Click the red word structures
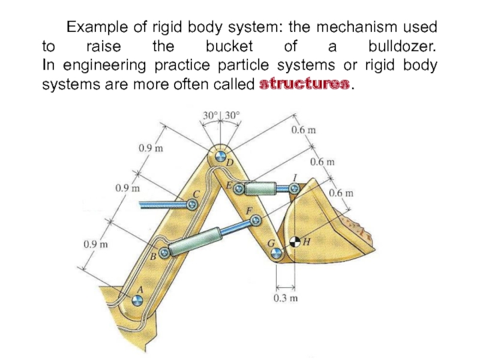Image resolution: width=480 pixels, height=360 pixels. click(x=303, y=85)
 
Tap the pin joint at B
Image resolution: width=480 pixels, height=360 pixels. click(x=162, y=253)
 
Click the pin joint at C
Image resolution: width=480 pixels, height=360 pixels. click(x=192, y=205)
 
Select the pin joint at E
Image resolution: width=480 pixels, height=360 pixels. click(x=238, y=189)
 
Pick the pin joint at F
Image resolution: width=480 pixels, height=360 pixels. click(x=257, y=221)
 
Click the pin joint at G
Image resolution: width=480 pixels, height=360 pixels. click(x=275, y=254)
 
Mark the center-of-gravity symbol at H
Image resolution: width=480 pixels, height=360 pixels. click(x=295, y=242)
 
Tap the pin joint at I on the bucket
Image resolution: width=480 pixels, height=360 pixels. click(x=294, y=188)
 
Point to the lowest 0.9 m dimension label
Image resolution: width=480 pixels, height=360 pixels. click(x=96, y=244)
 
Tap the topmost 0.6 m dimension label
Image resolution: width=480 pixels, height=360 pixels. click(x=304, y=130)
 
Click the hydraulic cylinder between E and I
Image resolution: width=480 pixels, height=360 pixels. click(x=264, y=189)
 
